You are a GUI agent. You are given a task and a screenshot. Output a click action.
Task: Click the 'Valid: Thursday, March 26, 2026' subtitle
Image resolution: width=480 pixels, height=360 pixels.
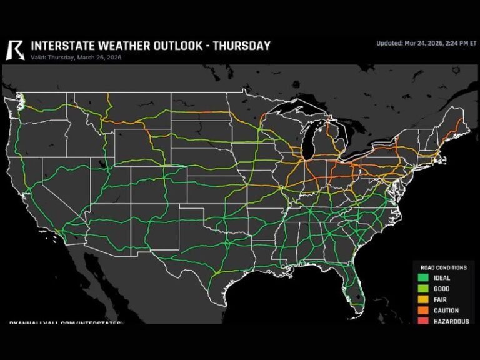point(76,57)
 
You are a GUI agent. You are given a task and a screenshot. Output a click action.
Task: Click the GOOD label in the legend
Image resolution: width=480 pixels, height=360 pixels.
point(442,289)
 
